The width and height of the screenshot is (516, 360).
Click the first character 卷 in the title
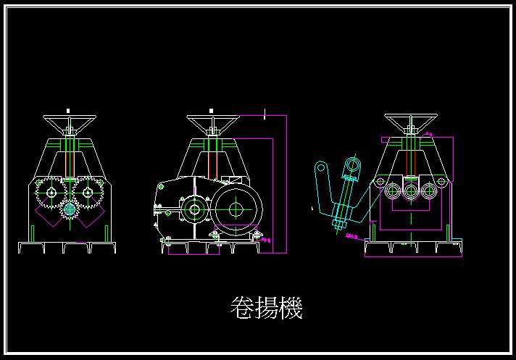click(242, 308)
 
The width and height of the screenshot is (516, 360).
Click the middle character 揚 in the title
click(266, 308)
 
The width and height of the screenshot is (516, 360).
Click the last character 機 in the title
click(290, 308)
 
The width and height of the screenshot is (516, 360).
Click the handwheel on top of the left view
click(69, 120)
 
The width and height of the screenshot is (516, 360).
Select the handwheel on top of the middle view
click(212, 120)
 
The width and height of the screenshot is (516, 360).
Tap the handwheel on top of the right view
click(409, 120)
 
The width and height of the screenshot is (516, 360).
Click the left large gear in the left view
click(51, 193)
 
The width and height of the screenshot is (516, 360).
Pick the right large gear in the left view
click(88, 193)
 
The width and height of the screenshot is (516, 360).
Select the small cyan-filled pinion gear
click(70, 210)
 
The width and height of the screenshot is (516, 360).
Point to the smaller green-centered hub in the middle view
click(194, 210)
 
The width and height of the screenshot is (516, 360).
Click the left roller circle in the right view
click(393, 191)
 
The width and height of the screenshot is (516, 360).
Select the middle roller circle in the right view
click(411, 191)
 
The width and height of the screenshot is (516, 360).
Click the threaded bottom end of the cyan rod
click(338, 223)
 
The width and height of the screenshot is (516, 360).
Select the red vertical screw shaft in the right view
click(411, 156)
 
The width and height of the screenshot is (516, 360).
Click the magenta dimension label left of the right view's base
click(352, 235)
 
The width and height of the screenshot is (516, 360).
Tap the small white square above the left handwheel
click(68, 110)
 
